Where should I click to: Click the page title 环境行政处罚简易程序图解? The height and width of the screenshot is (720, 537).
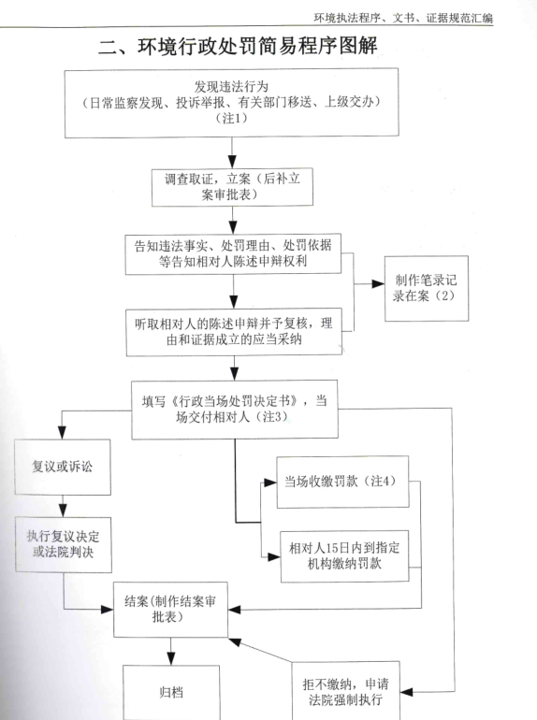click(x=238, y=47)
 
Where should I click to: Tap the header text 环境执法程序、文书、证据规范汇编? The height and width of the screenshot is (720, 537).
click(x=403, y=18)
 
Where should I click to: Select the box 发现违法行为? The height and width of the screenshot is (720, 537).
click(x=231, y=103)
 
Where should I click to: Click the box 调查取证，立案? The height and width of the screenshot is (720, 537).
click(x=232, y=187)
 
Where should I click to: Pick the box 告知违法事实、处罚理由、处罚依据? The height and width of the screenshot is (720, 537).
click(x=233, y=254)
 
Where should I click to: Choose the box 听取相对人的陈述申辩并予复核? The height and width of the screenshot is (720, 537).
click(x=234, y=332)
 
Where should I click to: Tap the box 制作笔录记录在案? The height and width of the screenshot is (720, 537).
click(x=427, y=288)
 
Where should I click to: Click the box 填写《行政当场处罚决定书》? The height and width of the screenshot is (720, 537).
click(x=235, y=410)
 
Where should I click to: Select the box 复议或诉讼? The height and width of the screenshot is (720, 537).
click(x=63, y=467)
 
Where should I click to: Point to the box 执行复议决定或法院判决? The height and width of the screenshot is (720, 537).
click(x=64, y=544)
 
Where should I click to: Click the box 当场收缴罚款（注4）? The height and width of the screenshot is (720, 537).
click(x=342, y=482)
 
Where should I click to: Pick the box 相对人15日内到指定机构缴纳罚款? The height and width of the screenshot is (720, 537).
click(x=344, y=556)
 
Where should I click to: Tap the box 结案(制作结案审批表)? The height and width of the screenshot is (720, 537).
click(x=170, y=610)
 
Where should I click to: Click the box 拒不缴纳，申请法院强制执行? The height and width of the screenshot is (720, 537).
click(x=345, y=691)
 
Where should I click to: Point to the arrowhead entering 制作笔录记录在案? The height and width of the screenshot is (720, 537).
click(x=378, y=283)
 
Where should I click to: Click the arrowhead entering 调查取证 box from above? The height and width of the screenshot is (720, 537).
click(x=232, y=162)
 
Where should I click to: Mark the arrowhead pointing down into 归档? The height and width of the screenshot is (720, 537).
click(x=171, y=659)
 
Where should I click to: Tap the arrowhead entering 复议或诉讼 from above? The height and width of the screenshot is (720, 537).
click(x=62, y=433)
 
